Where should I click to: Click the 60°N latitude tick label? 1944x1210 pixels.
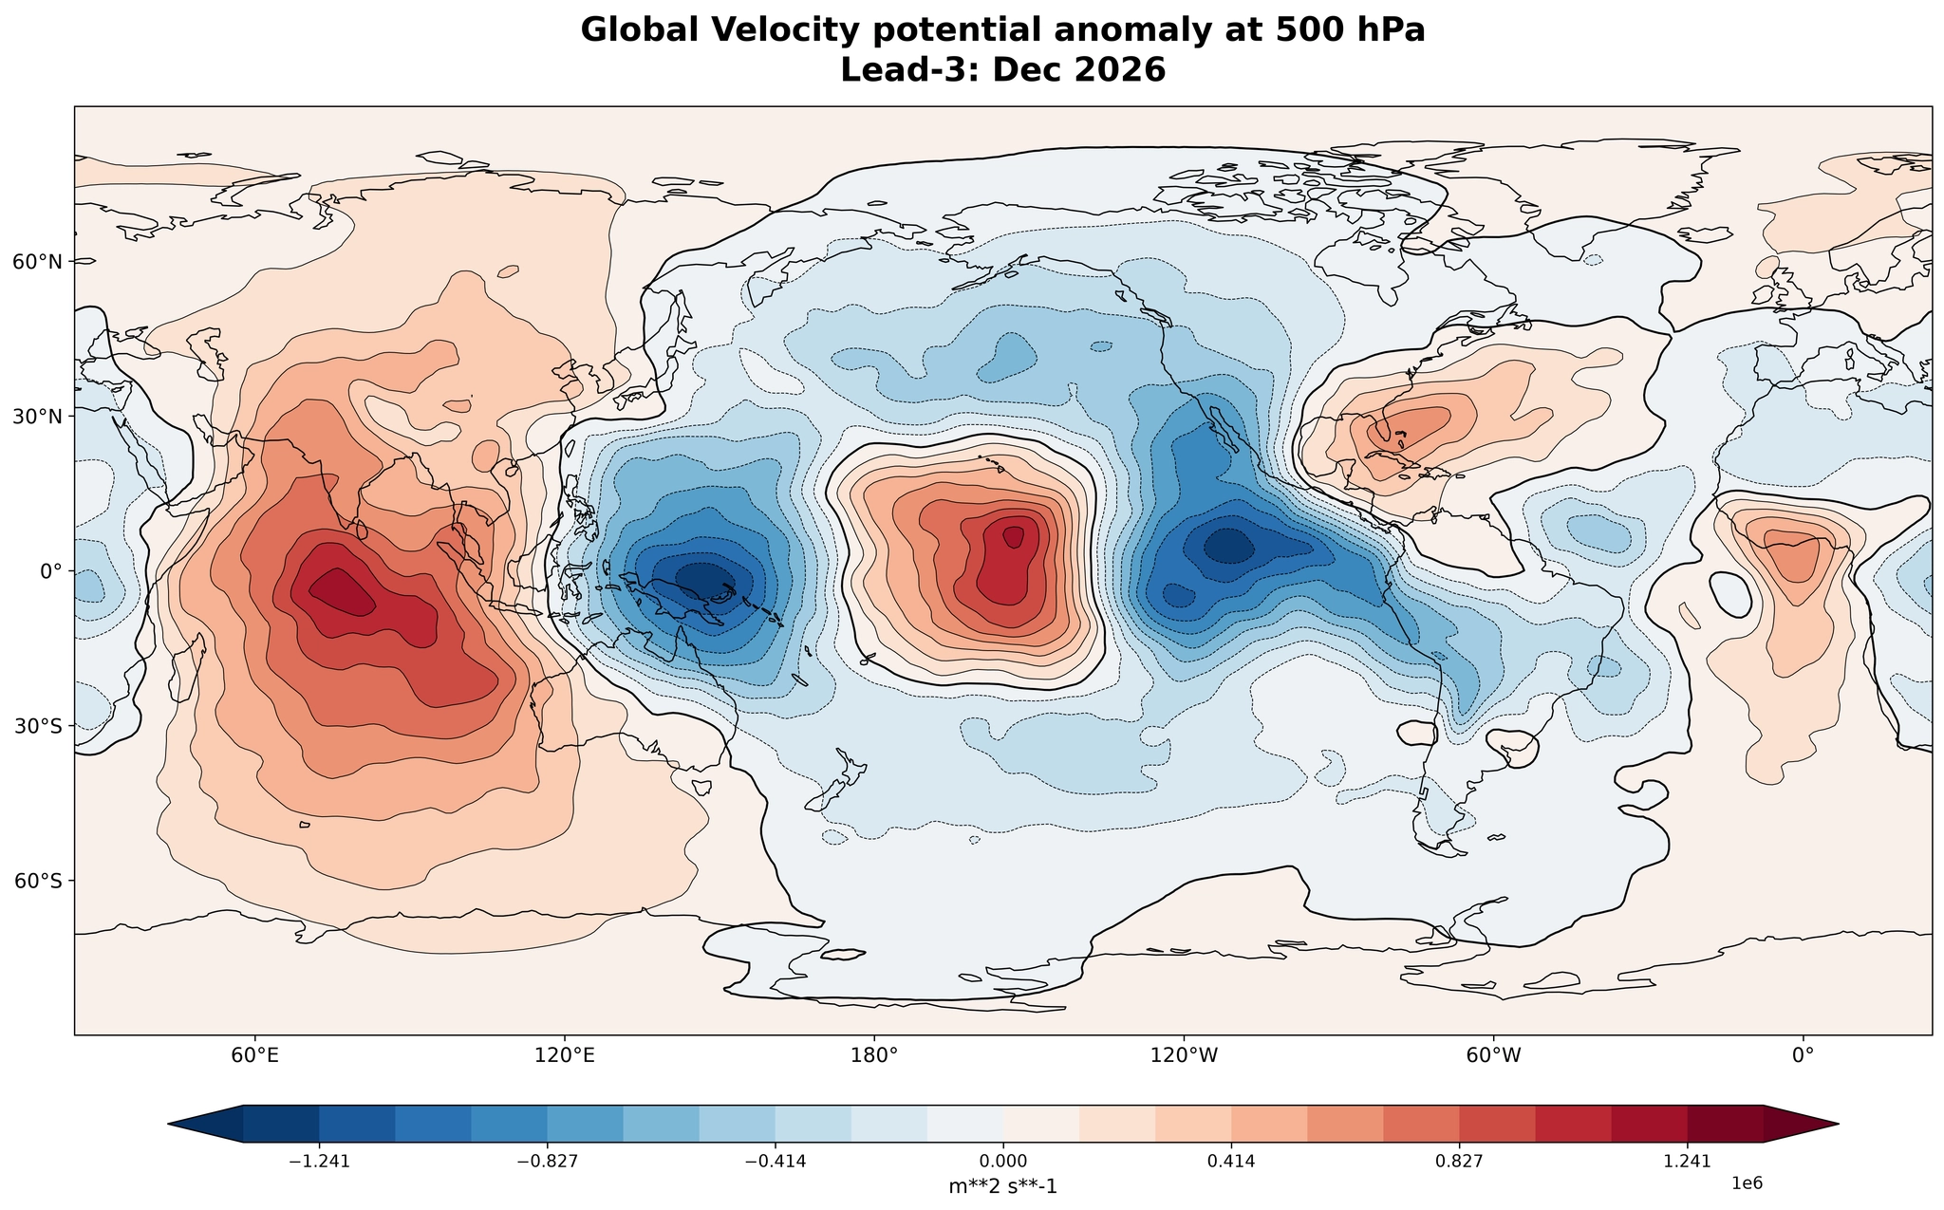38,261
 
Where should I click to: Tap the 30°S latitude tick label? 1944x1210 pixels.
38,726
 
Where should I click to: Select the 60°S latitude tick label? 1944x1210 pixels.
38,881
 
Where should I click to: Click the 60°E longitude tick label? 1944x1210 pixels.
255,1055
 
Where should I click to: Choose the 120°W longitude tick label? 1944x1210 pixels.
1184,1055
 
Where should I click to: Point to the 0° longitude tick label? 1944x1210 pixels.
1803,1055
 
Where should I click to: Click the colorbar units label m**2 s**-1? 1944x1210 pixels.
1003,1186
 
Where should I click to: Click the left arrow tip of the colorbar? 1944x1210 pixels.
169,1124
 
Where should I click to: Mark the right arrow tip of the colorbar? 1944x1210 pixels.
1839,1124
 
